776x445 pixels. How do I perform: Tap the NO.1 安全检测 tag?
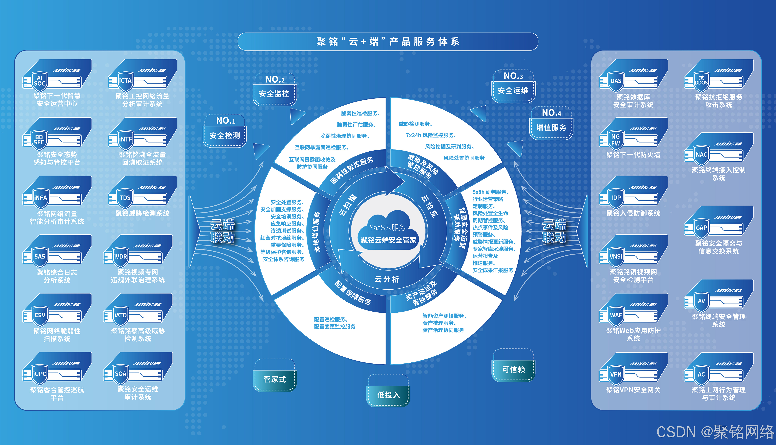pos(225,131)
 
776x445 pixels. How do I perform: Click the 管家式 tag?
pos(275,379)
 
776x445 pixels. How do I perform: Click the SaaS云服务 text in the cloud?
pos(387,227)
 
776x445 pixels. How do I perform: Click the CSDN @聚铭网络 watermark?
pos(715,432)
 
